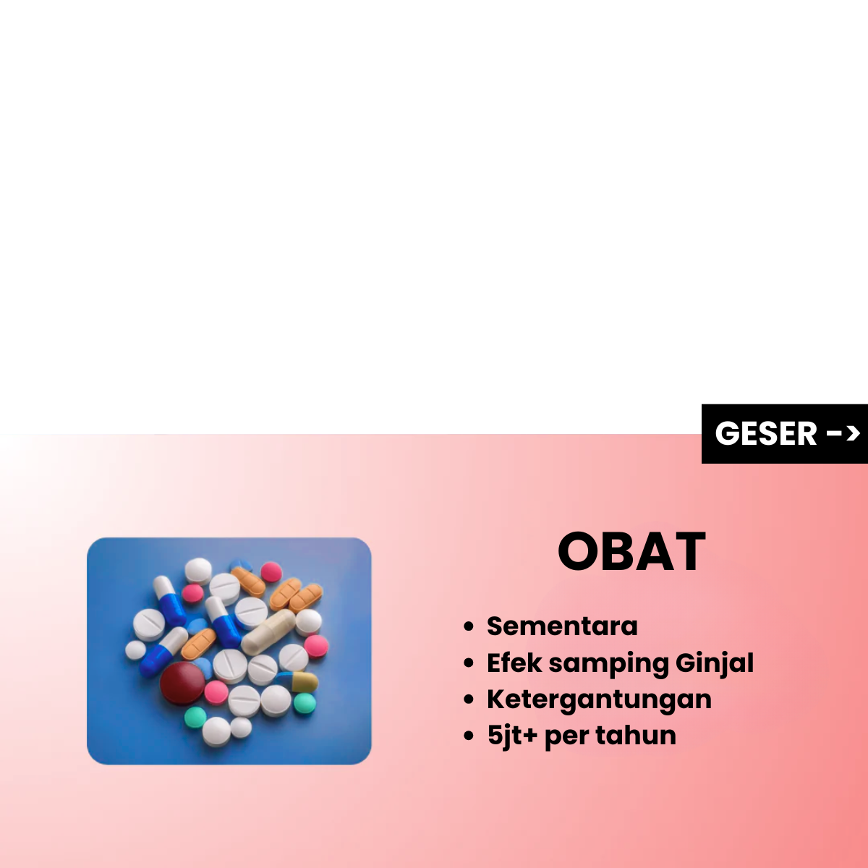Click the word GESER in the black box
(766, 433)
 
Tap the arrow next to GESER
(843, 434)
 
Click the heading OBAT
(631, 551)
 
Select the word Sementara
(562, 626)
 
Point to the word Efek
(514, 663)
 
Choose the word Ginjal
(715, 663)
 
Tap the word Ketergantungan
(599, 700)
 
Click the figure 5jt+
(512, 736)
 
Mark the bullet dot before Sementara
(469, 626)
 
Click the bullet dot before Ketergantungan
(469, 699)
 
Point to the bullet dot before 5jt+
(469, 736)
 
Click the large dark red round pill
(182, 683)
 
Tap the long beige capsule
(268, 631)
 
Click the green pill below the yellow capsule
(305, 702)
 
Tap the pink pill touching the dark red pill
(216, 693)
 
